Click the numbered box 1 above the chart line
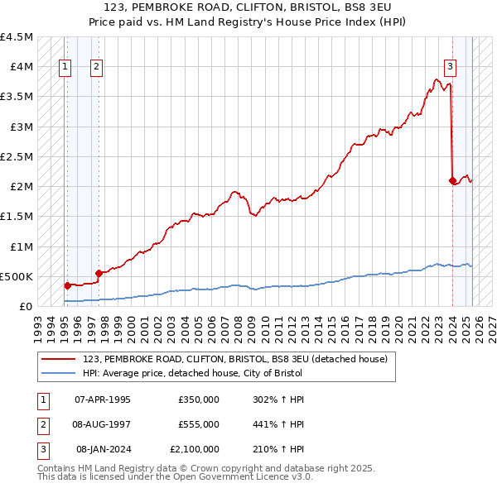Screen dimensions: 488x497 tap(65, 68)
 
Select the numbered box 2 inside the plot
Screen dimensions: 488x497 tap(97, 68)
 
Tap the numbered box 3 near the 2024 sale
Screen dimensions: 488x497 tap(450, 68)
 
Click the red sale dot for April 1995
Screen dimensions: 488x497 tap(66, 285)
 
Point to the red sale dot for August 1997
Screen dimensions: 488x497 tap(99, 273)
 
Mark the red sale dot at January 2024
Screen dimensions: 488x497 tap(452, 180)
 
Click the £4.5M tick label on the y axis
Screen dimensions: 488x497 tap(17, 37)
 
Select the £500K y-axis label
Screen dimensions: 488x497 tap(17, 276)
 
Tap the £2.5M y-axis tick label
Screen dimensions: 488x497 tap(17, 156)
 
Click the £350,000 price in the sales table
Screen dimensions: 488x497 tap(198, 399)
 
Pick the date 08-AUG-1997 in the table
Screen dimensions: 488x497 tap(103, 424)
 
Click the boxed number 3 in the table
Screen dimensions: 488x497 tap(41, 449)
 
